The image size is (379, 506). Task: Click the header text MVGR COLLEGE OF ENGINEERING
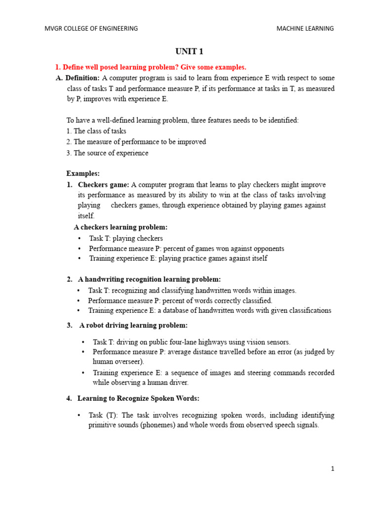(91, 29)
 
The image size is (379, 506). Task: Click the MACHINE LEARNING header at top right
(305, 29)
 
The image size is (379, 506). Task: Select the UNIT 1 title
(189, 51)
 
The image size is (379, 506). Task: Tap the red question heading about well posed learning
(150, 67)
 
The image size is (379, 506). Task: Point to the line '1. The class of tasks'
(96, 131)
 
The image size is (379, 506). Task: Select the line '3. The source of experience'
(107, 153)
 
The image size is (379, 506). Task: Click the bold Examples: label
(83, 173)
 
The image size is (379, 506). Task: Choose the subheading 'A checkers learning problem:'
(120, 227)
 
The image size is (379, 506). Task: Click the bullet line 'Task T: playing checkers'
(126, 238)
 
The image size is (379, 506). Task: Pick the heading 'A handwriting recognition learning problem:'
(149, 279)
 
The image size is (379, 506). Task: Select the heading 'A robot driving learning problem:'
(133, 325)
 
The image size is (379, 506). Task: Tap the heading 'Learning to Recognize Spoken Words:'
(138, 398)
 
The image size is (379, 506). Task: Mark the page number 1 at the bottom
(333, 469)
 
